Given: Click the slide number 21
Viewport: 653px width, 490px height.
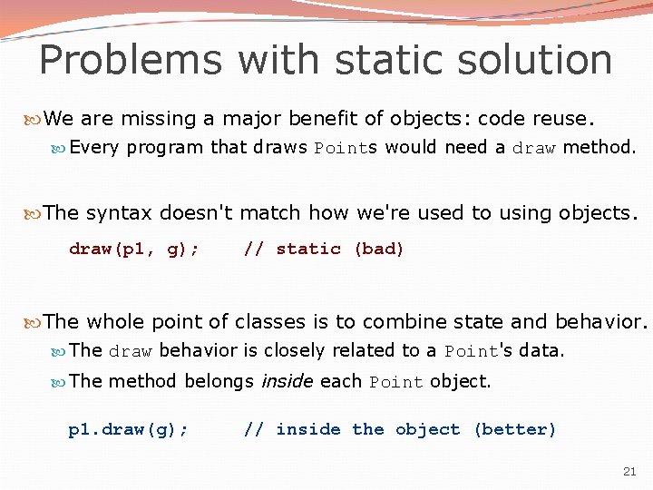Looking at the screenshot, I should [x=629, y=471].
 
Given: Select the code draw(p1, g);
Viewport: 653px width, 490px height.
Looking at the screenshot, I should [x=135, y=249].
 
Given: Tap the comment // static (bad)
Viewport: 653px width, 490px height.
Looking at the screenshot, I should [x=324, y=249].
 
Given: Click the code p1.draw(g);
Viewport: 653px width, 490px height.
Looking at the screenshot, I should [x=129, y=429].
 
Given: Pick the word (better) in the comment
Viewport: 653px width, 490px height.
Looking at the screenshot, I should [x=514, y=429].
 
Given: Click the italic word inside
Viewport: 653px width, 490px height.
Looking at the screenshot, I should [x=286, y=381].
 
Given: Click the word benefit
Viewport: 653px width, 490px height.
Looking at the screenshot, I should [x=334, y=119].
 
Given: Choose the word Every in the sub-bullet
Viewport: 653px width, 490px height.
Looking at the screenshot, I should [x=94, y=147].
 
